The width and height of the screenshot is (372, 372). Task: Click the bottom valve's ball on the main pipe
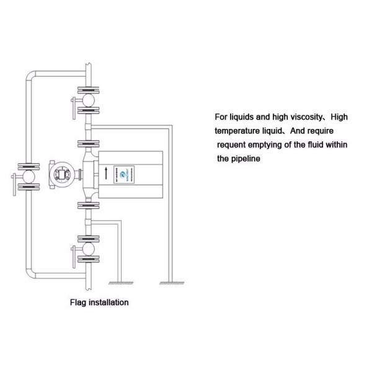click(89, 249)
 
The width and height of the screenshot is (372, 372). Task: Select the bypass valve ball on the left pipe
click(27, 175)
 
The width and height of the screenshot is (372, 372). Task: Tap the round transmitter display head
click(61, 174)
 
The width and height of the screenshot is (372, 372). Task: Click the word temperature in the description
click(239, 131)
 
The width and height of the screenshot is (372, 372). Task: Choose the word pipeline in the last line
click(246, 159)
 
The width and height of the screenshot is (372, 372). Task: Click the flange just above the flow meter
click(89, 143)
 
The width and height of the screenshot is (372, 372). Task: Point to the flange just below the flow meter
click(89, 205)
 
